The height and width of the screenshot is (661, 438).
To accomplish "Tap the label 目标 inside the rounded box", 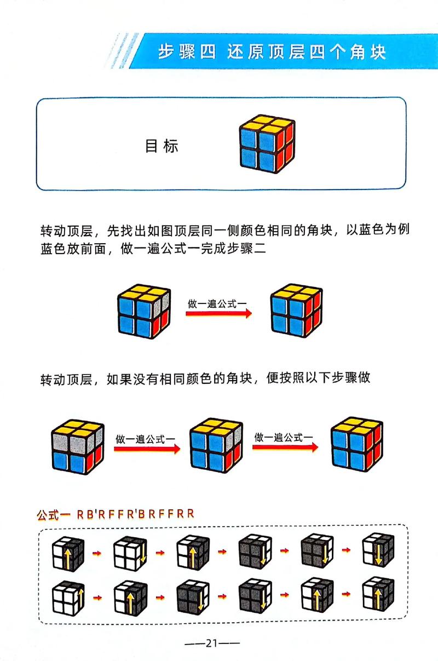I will tap(162, 146).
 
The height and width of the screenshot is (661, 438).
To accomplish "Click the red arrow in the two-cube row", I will tap(218, 314).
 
